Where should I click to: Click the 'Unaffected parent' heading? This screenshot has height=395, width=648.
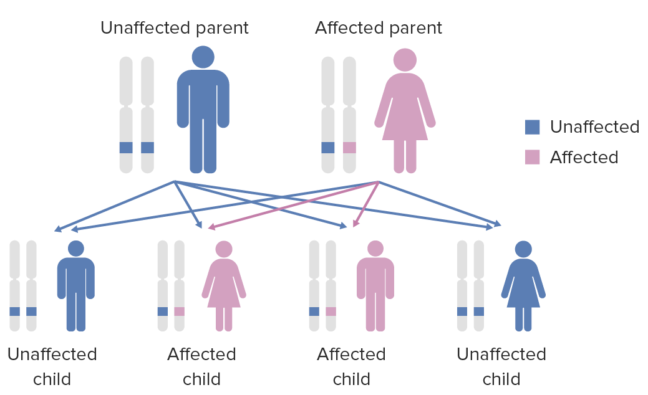(x=175, y=28)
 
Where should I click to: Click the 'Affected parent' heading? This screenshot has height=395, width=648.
(x=379, y=28)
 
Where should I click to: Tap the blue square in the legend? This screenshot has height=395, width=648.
(x=532, y=127)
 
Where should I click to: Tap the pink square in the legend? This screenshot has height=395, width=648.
(x=532, y=157)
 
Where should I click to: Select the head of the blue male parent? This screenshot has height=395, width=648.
(x=203, y=57)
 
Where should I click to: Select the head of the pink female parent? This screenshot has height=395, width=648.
(x=405, y=60)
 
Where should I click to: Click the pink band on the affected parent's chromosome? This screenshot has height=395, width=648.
(x=349, y=148)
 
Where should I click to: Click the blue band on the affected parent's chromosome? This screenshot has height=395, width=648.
(x=328, y=148)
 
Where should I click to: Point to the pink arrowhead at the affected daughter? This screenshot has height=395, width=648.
(x=211, y=227)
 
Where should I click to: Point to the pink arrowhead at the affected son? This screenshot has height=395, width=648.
(x=355, y=224)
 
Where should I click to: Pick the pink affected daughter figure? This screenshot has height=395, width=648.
(x=224, y=287)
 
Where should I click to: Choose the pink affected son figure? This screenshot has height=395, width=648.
(x=375, y=287)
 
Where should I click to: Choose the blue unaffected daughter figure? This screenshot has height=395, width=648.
(x=523, y=287)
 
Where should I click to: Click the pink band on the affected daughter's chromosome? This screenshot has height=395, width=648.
(x=179, y=312)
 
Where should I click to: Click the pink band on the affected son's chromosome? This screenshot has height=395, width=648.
(x=331, y=312)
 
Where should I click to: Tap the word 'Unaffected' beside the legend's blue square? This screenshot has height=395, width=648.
(x=594, y=127)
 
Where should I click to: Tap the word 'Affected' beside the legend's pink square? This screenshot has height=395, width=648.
(x=584, y=157)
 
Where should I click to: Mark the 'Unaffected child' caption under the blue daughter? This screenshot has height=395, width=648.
(x=501, y=366)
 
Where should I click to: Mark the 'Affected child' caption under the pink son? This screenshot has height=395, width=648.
(x=351, y=366)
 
